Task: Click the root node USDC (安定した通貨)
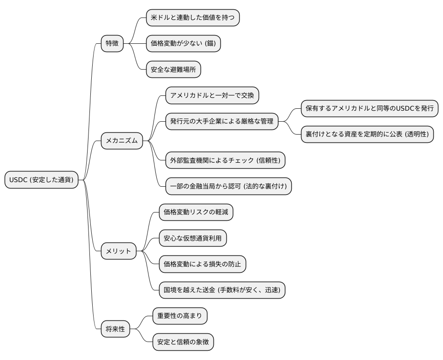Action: tap(41, 180)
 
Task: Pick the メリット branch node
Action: tap(118, 251)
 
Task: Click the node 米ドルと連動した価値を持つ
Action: tap(193, 18)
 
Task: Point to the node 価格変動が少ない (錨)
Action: tap(183, 44)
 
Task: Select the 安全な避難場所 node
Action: tap(173, 70)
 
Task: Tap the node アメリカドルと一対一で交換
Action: tap(212, 96)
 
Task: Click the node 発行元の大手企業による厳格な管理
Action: tap(221, 122)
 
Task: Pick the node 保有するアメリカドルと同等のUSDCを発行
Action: tap(369, 109)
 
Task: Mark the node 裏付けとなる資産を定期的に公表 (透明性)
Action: tap(367, 135)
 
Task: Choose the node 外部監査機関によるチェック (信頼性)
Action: tap(225, 160)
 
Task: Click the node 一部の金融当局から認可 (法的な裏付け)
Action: tap(228, 186)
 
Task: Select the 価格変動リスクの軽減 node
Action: tap(196, 212)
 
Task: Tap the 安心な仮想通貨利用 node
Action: tap(193, 238)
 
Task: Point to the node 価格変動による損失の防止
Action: tap(202, 264)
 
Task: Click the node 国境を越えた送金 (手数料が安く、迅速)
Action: tap(222, 290)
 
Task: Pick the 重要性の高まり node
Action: tap(180, 316)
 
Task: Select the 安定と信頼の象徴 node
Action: tap(183, 342)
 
